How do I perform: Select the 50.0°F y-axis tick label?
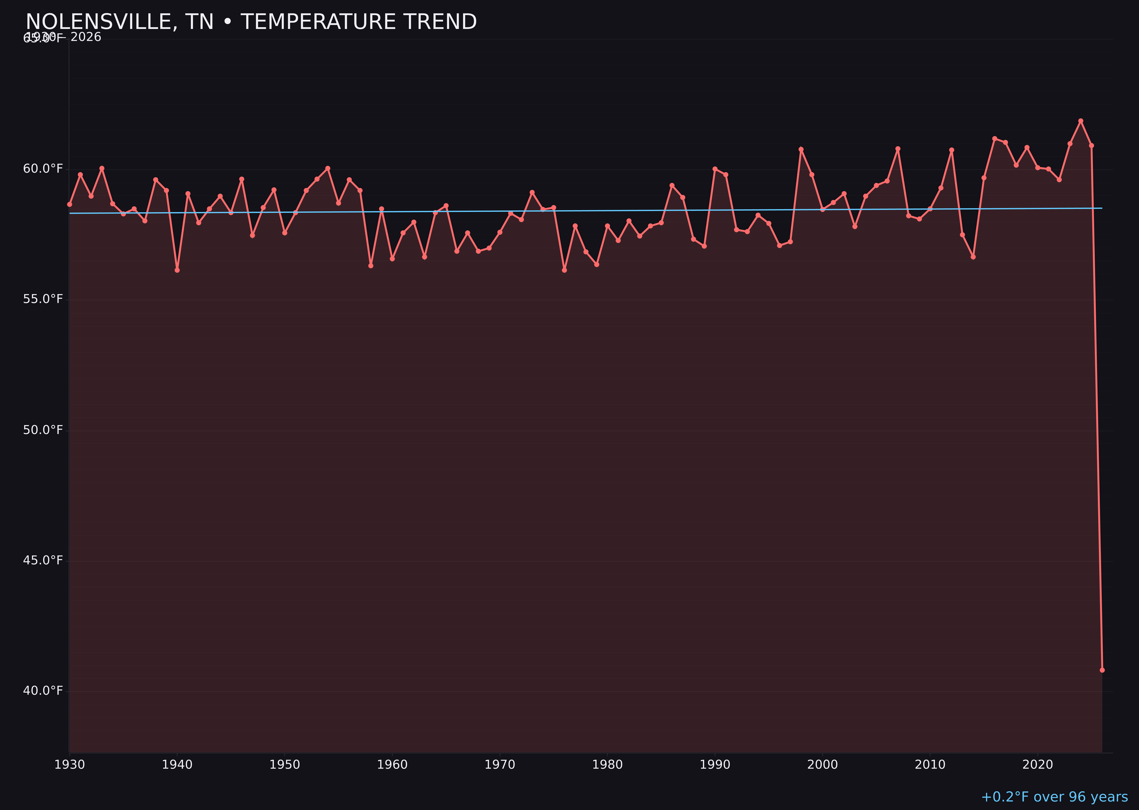[x=43, y=430]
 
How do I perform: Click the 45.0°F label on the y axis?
[x=43, y=561]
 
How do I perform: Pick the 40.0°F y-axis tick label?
[x=43, y=691]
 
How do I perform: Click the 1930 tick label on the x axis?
[x=70, y=765]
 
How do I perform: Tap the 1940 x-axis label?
[x=177, y=765]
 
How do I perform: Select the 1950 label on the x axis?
[x=285, y=765]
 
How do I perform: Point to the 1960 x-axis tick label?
[x=392, y=765]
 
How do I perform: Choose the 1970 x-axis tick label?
[x=500, y=765]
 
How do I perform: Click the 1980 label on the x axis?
[x=607, y=765]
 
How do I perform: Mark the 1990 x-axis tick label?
[x=715, y=765]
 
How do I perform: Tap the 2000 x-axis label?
[x=822, y=765]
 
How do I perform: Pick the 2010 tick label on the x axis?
[x=930, y=765]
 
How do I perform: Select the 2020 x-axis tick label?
[x=1038, y=765]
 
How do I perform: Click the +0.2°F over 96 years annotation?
[x=1054, y=797]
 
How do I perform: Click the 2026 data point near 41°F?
[x=1102, y=670]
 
